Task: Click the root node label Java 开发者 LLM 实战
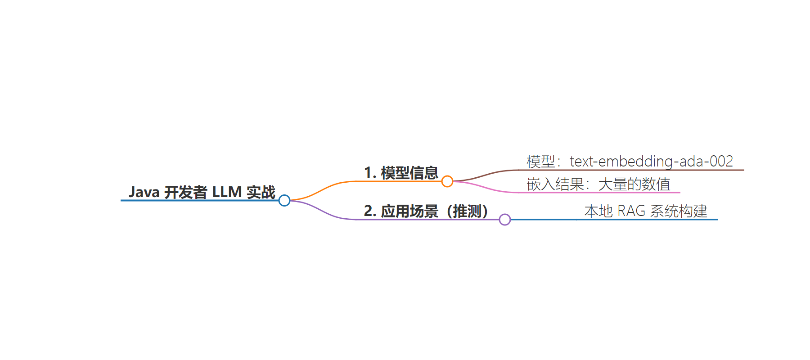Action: coord(202,192)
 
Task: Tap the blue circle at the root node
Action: coord(284,200)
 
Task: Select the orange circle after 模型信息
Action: coord(447,181)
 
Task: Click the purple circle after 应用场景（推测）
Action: coord(505,220)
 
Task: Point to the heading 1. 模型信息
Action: coord(401,173)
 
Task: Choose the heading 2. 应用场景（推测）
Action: coord(426,211)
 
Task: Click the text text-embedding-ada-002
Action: coord(651,161)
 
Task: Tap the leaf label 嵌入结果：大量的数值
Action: coord(598,184)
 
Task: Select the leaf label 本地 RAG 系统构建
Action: coord(646,211)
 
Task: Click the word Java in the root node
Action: coord(144,192)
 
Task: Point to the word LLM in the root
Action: coord(227,192)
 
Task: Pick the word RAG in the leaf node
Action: coord(631,211)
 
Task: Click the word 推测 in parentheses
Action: coord(467,211)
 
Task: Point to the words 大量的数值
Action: coord(634,184)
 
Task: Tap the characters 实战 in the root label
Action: coord(261,192)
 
